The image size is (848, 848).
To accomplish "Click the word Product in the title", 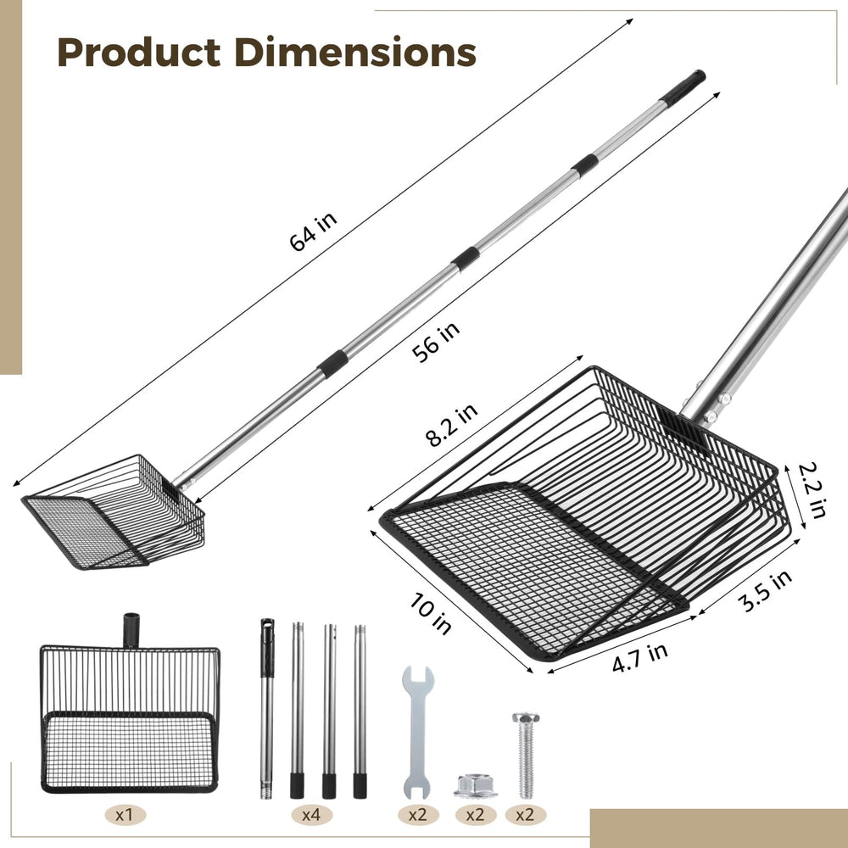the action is coord(138,53).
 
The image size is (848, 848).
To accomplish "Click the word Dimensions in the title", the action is coord(355,53).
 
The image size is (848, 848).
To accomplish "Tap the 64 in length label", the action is coord(313,232).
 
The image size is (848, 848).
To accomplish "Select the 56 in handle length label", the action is coord(436,342).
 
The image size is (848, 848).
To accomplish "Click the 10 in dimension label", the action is coord(431,613).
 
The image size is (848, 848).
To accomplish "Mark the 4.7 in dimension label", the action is coord(640,657).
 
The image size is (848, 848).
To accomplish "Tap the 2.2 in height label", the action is coord(812,489).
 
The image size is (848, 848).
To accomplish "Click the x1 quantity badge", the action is coord(125,814).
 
